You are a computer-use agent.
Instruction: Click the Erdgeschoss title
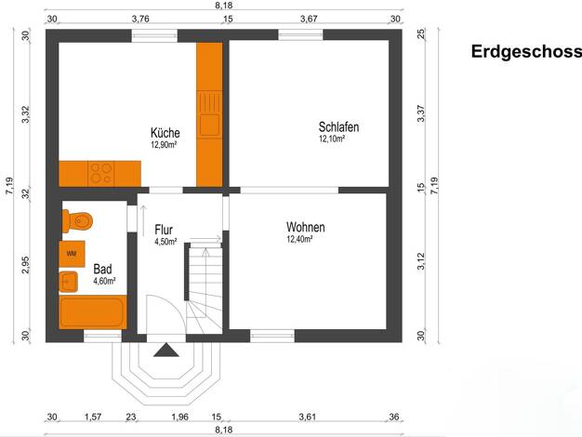tap(526, 52)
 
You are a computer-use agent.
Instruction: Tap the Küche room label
tap(165, 133)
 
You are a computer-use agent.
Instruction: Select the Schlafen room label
tap(339, 127)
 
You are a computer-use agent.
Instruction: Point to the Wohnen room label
tap(306, 227)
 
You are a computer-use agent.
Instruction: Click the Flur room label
tap(164, 230)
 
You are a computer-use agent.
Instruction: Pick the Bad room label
tap(102, 269)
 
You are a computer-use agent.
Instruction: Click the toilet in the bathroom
tap(77, 221)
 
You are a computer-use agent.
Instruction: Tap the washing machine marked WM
tap(72, 254)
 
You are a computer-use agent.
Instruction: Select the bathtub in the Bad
tap(93, 312)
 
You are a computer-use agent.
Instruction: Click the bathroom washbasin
tap(68, 282)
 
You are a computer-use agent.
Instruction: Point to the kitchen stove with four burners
tap(101, 173)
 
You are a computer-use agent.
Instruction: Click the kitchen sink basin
tap(210, 125)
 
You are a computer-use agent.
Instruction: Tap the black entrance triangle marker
tap(166, 350)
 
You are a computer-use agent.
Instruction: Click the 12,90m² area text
tap(164, 144)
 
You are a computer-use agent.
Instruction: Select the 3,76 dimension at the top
tap(140, 19)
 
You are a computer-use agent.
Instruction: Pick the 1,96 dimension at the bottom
tap(179, 417)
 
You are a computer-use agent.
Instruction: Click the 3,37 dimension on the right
tap(421, 113)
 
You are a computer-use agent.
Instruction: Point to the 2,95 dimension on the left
tap(25, 265)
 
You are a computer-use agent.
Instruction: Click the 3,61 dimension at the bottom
tap(308, 417)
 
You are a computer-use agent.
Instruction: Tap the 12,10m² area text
tap(332, 139)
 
